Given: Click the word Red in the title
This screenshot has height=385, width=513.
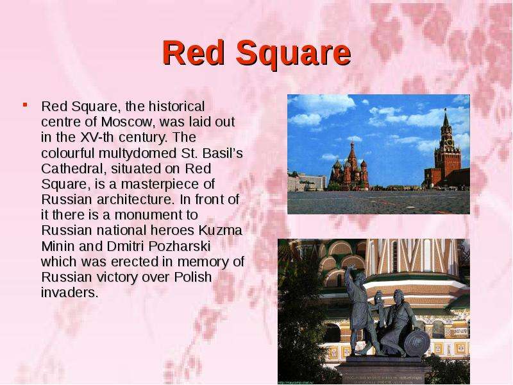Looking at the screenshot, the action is point(194,53).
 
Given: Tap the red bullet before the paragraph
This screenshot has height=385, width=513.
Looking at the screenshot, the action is point(25,105).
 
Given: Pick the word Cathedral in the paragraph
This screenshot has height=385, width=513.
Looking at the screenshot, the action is point(74,169).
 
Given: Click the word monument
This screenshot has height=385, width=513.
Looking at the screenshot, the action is point(156,215).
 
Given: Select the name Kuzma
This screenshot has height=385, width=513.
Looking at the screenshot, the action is point(220,230).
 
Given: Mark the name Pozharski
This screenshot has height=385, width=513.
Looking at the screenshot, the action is point(180,246).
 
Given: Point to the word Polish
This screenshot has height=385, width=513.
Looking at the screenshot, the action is point(193,277).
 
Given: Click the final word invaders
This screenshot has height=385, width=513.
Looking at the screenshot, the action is point(70,293).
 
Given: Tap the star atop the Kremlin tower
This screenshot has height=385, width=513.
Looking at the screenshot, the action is point(445,109).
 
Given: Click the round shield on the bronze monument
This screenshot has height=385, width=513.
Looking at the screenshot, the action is point(417,343).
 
